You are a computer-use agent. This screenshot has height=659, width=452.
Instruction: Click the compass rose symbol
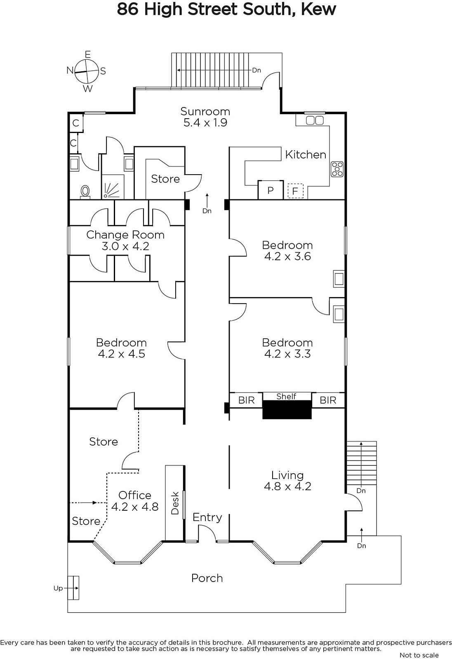tap(86, 71)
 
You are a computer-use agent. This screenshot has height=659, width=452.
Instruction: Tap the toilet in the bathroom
tap(85, 192)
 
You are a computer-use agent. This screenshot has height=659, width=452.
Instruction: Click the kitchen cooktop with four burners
tap(337, 169)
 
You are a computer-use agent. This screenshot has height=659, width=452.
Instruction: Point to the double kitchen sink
tap(315, 120)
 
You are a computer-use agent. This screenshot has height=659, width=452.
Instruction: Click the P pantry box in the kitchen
tap(271, 190)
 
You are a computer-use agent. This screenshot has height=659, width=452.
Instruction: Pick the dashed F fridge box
tap(295, 191)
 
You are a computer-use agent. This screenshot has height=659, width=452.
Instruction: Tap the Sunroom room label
tap(205, 112)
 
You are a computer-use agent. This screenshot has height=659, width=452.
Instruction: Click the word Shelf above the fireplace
tap(286, 396)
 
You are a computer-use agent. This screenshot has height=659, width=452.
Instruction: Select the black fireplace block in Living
tap(287, 409)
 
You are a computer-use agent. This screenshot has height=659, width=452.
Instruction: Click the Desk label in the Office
tap(175, 503)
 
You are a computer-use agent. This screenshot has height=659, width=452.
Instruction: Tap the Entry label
tap(207, 517)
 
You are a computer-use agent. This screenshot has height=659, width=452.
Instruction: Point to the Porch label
tap(207, 578)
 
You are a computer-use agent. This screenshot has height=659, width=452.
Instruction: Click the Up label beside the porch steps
tap(58, 588)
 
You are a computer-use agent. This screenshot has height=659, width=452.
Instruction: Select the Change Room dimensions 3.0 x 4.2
tap(125, 246)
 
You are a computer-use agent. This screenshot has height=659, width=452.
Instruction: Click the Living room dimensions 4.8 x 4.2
tap(287, 486)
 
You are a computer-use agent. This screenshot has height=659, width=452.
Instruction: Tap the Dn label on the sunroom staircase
tap(257, 70)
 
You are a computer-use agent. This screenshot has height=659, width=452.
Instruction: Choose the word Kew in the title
tap(318, 9)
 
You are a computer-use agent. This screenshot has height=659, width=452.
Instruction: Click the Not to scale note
tap(419, 655)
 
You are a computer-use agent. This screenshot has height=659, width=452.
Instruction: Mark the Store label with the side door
tap(165, 179)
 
